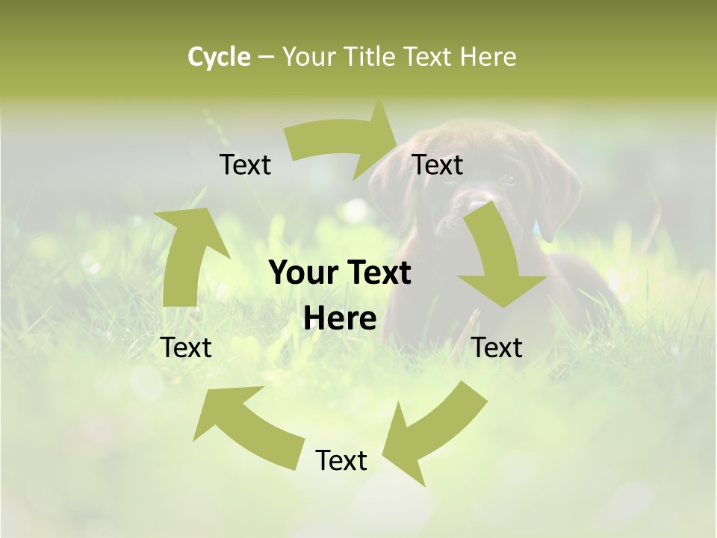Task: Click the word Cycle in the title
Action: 219,57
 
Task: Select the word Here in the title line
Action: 488,57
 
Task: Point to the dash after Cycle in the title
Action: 266,58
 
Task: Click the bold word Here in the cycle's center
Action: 340,319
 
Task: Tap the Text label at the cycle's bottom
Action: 341,460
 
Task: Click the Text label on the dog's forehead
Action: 438,164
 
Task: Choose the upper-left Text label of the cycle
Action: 245,164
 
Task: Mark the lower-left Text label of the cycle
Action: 186,347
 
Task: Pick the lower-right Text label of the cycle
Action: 497,347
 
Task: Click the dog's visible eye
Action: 508,179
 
